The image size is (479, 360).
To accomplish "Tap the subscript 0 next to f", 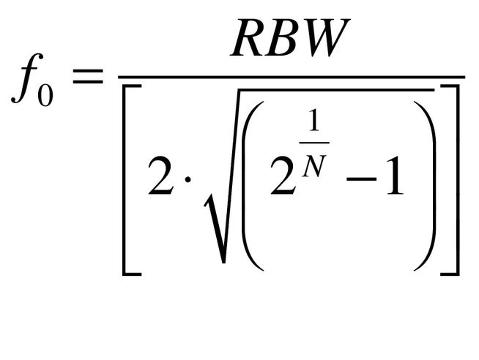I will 45,94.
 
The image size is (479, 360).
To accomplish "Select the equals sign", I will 85,76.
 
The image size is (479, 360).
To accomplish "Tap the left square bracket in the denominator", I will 129,179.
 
